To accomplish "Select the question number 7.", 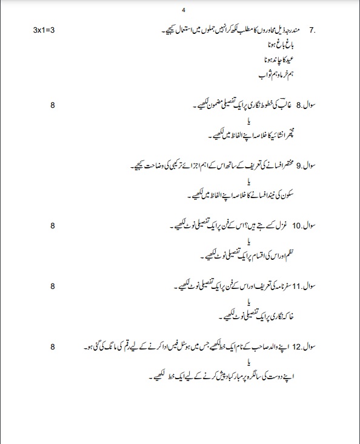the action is pyautogui.click(x=312, y=30).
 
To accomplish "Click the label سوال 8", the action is pyautogui.click(x=308, y=105).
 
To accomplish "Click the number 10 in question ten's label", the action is pyautogui.click(x=297, y=226).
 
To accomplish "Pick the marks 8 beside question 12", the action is pyautogui.click(x=53, y=346).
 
